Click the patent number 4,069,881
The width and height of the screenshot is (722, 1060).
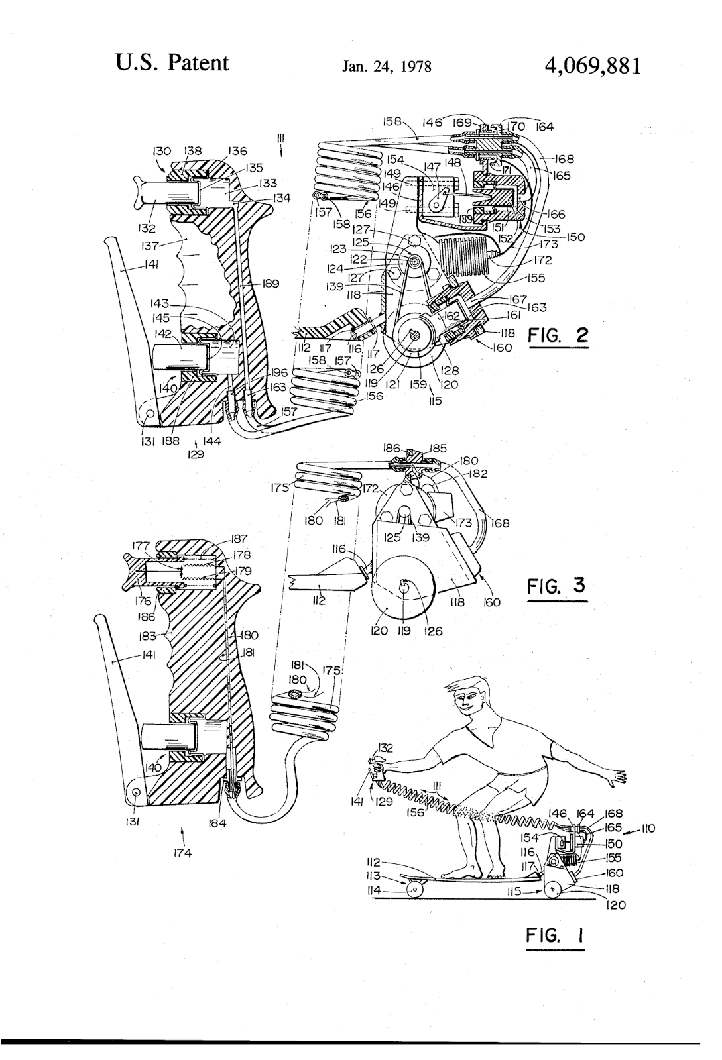click(592, 66)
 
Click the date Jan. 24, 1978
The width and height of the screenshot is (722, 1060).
click(387, 67)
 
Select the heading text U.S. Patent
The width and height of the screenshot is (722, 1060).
click(172, 63)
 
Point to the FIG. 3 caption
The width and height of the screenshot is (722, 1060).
click(557, 586)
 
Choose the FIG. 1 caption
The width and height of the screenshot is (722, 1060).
click(554, 936)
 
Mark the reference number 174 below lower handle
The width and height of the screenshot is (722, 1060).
click(182, 853)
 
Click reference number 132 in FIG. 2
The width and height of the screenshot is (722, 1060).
click(147, 230)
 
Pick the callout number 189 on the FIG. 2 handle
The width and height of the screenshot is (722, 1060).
click(271, 284)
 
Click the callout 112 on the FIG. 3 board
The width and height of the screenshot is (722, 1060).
click(318, 602)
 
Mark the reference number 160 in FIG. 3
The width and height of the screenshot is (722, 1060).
click(492, 602)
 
